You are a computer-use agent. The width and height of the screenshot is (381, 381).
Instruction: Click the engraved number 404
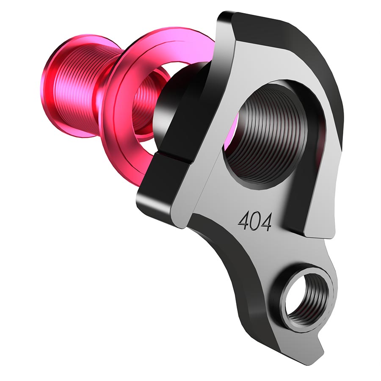(255, 221)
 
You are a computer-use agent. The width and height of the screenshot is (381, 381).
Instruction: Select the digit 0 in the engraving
(255, 221)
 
